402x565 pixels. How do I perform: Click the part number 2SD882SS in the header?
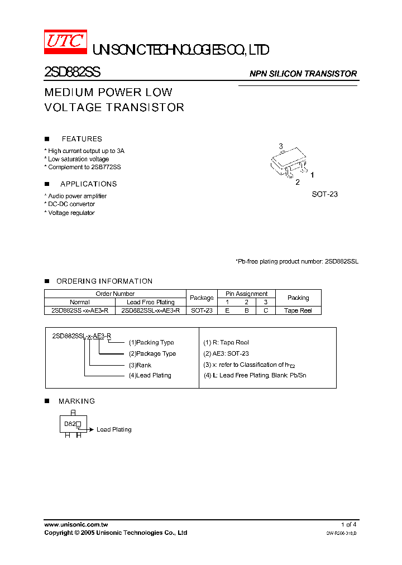pyautogui.click(x=72, y=73)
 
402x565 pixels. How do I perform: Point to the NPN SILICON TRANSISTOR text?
pyautogui.click(x=303, y=74)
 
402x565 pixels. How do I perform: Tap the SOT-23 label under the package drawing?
pyautogui.click(x=325, y=194)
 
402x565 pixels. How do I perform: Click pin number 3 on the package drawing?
pyautogui.click(x=281, y=146)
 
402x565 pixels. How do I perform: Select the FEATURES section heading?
pyautogui.click(x=82, y=139)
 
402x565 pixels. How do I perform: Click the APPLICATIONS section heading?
pyautogui.click(x=88, y=184)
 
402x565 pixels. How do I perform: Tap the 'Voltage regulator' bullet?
pyautogui.click(x=71, y=213)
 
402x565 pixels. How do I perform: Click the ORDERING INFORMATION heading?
pyautogui.click(x=104, y=281)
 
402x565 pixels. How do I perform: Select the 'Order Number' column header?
pyautogui.click(x=115, y=294)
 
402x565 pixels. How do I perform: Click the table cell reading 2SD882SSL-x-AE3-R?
pyautogui.click(x=151, y=310)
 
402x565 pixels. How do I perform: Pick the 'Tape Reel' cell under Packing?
pyautogui.click(x=298, y=310)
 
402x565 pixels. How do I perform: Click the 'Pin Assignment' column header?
pyautogui.click(x=246, y=294)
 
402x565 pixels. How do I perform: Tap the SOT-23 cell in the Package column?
pyautogui.click(x=202, y=310)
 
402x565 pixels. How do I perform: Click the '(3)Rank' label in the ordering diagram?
pyautogui.click(x=140, y=365)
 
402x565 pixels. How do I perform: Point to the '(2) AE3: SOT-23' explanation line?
pyautogui.click(x=226, y=353)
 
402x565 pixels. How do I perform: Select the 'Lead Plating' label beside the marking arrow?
pyautogui.click(x=114, y=430)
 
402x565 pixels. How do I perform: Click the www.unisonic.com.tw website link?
pyautogui.click(x=76, y=525)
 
